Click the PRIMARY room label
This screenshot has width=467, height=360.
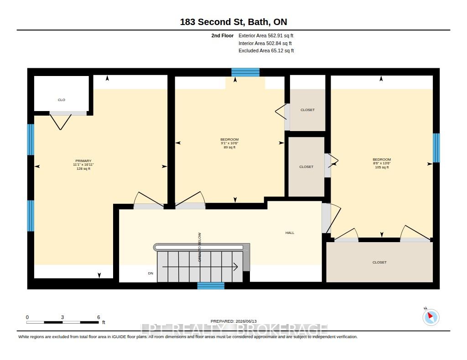click(83, 161)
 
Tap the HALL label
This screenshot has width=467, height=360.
click(290, 233)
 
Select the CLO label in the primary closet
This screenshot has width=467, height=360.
click(62, 100)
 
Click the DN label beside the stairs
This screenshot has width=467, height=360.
click(150, 273)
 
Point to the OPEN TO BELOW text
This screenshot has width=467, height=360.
click(200, 247)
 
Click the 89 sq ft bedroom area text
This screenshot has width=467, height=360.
click(230, 147)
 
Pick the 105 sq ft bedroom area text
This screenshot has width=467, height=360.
click(382, 167)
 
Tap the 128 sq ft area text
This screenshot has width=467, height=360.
click(83, 168)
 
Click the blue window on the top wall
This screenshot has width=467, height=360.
click(245, 72)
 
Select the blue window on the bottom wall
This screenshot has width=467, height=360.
click(211, 286)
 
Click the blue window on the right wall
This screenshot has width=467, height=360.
click(436, 148)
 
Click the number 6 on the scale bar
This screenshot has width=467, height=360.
click(99, 317)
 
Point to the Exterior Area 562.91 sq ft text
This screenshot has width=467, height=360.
click(266, 35)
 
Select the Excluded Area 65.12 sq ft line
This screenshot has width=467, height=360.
click(266, 51)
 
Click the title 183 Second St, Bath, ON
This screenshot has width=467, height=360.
click(233, 22)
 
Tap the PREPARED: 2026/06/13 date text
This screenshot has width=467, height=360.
click(233, 321)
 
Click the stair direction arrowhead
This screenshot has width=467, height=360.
click(236, 267)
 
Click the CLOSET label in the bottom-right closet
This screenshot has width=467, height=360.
click(379, 263)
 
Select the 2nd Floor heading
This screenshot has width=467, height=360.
click(223, 35)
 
